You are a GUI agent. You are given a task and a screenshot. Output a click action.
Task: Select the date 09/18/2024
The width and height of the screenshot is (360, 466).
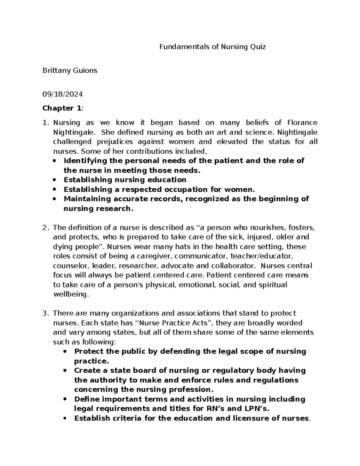(x=62, y=94)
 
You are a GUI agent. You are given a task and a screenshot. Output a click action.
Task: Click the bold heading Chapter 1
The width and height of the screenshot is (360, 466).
(x=62, y=108)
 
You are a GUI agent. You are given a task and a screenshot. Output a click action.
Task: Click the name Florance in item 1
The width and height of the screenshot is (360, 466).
(x=302, y=122)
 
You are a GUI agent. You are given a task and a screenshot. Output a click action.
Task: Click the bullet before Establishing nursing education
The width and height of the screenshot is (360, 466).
(x=54, y=180)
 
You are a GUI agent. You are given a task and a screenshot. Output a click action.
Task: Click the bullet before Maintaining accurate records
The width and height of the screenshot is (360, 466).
(x=54, y=199)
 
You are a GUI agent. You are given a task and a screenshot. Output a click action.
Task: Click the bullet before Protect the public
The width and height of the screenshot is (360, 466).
(x=65, y=351)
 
